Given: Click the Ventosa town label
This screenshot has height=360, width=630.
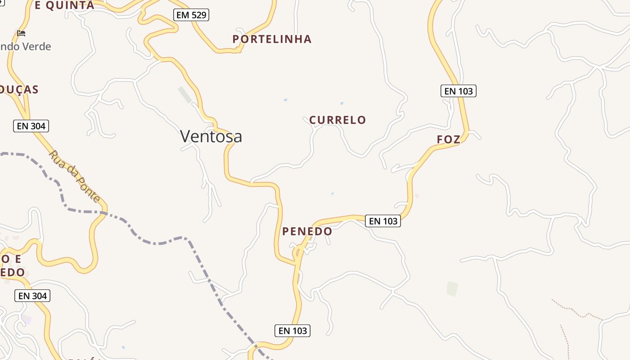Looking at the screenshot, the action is [x=211, y=136].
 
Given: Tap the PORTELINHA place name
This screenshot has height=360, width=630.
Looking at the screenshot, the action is [x=272, y=39].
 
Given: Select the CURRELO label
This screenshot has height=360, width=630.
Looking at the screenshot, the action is [x=337, y=120].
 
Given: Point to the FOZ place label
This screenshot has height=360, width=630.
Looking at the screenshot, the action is [x=449, y=139].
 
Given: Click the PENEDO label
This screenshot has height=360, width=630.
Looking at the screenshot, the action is [x=307, y=231].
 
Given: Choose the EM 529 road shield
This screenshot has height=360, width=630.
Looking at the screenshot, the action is [x=191, y=15].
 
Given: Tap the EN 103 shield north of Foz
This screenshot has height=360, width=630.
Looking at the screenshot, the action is [x=458, y=91].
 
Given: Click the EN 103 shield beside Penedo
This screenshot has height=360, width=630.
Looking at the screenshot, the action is [x=383, y=221].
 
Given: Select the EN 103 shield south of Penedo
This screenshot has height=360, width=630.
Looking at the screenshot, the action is [x=292, y=331].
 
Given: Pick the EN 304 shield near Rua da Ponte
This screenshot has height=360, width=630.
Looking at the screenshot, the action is [x=31, y=126].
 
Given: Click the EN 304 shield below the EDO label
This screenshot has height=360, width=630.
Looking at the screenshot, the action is [x=32, y=296].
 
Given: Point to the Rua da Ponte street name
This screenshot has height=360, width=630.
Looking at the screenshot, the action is [x=75, y=176].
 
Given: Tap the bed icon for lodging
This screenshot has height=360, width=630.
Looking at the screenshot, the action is [x=21, y=33].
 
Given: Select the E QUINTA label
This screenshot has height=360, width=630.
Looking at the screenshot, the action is [x=64, y=5].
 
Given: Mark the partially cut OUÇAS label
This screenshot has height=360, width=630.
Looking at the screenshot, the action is [x=19, y=90].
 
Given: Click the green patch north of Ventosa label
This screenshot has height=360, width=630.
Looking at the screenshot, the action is [x=185, y=94].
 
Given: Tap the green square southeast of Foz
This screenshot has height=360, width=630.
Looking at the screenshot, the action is [x=452, y=288].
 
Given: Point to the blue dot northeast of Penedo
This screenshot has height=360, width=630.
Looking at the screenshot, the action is [x=333, y=194].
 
